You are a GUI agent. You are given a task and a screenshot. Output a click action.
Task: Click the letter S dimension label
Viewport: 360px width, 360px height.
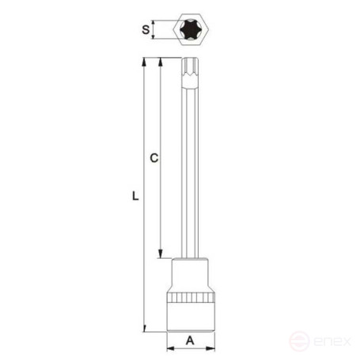[146, 30]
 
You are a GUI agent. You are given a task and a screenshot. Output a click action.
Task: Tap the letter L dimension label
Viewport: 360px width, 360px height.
[136, 199]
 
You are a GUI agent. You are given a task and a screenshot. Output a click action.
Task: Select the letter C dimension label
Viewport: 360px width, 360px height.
[155, 159]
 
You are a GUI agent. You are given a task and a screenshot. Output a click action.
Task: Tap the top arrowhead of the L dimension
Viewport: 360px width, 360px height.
[145, 62]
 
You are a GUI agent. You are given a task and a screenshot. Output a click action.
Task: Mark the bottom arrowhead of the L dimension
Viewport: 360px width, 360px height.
[145, 328]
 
